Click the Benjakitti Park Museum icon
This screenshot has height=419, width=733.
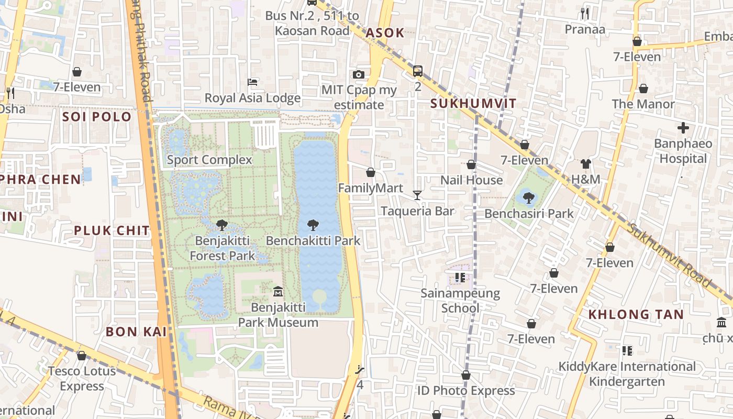coord(278,291)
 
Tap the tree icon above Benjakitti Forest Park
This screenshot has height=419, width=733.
coord(221,225)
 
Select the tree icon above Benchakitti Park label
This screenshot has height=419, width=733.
coord(313,225)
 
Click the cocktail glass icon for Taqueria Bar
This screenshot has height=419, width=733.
coord(417,195)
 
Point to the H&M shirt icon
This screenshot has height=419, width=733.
coord(585,164)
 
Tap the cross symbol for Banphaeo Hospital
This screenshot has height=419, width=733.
coord(683,127)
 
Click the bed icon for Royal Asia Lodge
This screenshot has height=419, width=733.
coord(252,82)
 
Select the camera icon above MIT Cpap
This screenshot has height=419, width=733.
coord(359,74)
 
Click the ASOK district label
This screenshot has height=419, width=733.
coord(385,33)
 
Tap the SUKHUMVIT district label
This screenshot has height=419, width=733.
coord(473,103)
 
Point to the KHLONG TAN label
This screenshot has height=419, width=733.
coord(636,314)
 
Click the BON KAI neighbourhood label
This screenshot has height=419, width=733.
coord(136,331)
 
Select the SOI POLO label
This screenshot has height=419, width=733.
coord(97,116)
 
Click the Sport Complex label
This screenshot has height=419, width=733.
coord(209,160)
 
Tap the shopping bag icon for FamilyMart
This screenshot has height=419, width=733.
coord(371,172)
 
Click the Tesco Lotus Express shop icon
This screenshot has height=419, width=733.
coord(81,356)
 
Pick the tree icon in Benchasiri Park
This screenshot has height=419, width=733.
coord(528,198)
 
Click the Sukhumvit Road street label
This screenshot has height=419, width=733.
coord(670,255)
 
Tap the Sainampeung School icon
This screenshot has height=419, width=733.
coord(460,277)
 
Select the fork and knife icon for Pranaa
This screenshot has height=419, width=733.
coord(585,14)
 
